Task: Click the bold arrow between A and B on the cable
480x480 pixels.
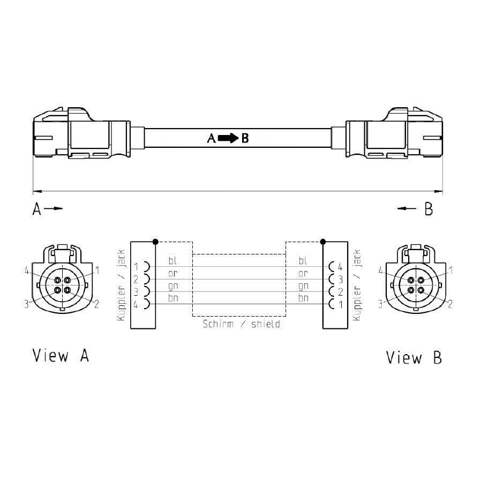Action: pos(228,138)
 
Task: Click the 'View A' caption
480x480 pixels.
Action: pos(61,356)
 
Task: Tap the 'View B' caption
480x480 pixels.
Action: pos(414,357)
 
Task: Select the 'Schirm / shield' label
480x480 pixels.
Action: pos(241,324)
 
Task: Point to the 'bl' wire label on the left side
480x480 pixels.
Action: pos(172,261)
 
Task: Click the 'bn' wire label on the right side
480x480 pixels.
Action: pos(303,298)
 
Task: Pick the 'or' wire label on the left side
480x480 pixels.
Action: pos(172,274)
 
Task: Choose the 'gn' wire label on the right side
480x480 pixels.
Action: pos(303,286)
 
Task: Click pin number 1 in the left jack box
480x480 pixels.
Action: pos(136,267)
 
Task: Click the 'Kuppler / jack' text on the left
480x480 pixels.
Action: pos(121,285)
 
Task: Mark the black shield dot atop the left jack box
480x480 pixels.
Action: pos(155,242)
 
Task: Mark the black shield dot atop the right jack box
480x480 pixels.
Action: pos(322,242)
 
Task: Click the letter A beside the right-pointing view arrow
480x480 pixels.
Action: pos(36,209)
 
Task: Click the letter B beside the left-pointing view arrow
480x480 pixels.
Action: pos(429,209)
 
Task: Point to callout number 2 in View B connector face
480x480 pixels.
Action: pos(450,304)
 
